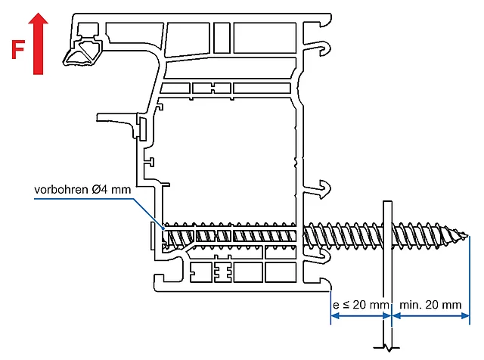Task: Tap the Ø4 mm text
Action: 111,190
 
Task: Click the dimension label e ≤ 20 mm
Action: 360,305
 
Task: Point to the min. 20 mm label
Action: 430,305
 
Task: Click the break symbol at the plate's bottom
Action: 387,347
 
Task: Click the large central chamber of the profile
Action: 227,159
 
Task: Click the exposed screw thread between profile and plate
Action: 344,236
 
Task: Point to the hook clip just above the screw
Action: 323,188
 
